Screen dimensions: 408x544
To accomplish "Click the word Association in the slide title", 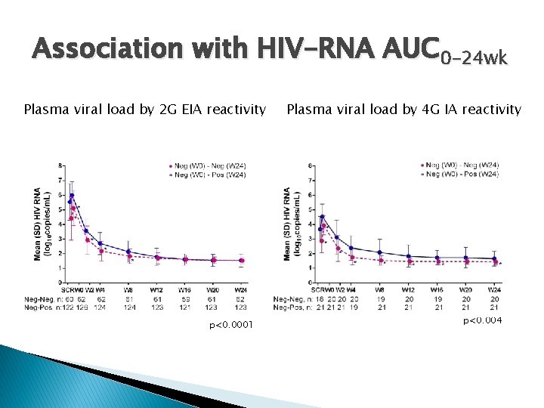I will pyautogui.click(x=106, y=51).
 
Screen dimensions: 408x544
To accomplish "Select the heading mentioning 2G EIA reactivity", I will pyautogui.click(x=145, y=110).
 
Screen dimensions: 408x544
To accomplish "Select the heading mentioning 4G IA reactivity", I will pyautogui.click(x=403, y=110).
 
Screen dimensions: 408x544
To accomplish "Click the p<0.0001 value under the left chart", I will pyautogui.click(x=231, y=325).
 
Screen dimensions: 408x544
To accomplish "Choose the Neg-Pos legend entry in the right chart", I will pyautogui.click(x=461, y=175).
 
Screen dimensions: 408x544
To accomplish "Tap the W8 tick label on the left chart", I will pyautogui.click(x=128, y=289).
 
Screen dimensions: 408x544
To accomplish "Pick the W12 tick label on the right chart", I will pyautogui.click(x=409, y=289).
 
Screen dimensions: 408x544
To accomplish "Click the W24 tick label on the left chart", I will pyautogui.click(x=241, y=289).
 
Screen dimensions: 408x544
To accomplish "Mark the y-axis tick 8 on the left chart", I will pyautogui.click(x=60, y=165).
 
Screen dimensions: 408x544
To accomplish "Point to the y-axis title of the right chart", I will pyautogui.click(x=292, y=224).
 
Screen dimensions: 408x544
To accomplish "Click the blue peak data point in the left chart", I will pyautogui.click(x=72, y=196).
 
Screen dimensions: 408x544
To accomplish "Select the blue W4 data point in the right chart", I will pyautogui.click(x=351, y=248).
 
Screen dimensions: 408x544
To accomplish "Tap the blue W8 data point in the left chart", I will pyautogui.click(x=128, y=252).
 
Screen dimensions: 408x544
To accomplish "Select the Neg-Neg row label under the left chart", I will pyautogui.click(x=49, y=299).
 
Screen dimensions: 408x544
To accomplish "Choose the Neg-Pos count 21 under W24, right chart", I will pyautogui.click(x=494, y=307).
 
